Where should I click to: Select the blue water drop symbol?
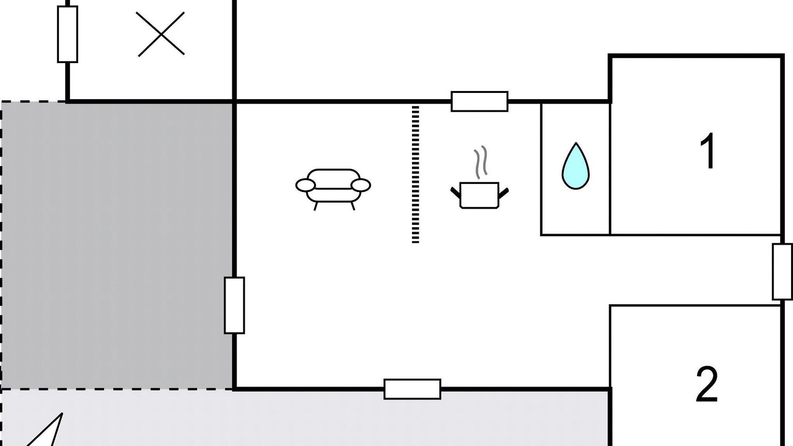(x=576, y=165)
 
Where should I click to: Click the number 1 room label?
(x=708, y=151)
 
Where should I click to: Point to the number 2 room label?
(x=707, y=385)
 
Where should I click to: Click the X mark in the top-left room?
(x=160, y=34)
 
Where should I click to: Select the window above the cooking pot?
(x=480, y=102)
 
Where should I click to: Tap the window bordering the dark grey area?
(x=234, y=305)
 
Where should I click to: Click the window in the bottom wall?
(x=413, y=390)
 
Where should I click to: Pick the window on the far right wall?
(x=782, y=272)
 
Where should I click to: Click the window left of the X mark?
(x=68, y=34)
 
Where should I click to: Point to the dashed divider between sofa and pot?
(x=416, y=174)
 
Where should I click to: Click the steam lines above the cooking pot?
(x=481, y=162)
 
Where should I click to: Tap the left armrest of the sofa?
(x=305, y=185)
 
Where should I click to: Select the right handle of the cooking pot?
(x=504, y=193)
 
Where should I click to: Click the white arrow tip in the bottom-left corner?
(x=63, y=413)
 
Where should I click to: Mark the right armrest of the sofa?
(x=361, y=185)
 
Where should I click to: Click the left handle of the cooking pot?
(x=455, y=193)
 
